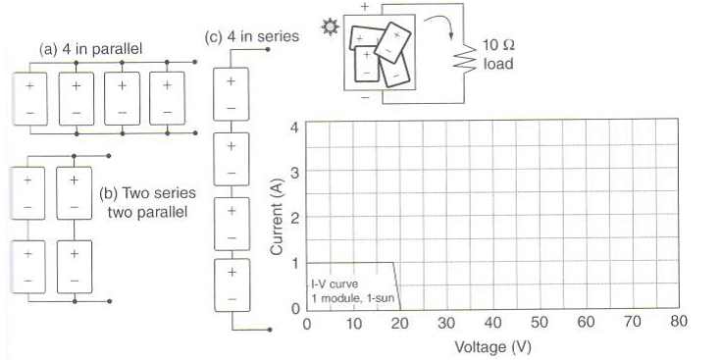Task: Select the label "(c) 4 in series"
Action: [252, 37]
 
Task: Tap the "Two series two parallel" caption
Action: [145, 201]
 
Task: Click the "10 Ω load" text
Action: [498, 55]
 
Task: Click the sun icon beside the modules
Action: [329, 31]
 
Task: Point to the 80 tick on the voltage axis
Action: [677, 324]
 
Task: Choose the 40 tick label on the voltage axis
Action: [491, 324]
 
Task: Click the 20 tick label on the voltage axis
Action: [399, 324]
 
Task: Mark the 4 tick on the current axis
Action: [293, 126]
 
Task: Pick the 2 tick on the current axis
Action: [293, 217]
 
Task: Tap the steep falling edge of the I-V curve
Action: [396, 285]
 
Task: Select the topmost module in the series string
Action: [231, 91]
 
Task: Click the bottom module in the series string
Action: [231, 284]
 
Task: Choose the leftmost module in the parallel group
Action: [28, 99]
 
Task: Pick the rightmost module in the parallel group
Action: [168, 99]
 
